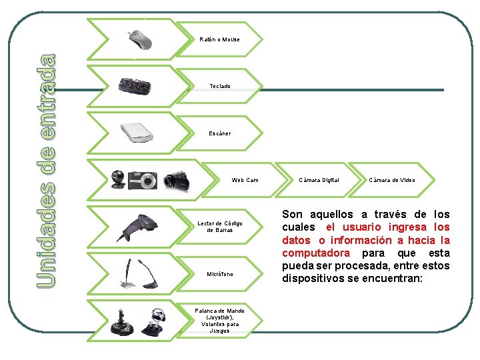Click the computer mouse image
click(x=141, y=39)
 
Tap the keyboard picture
click(x=138, y=87)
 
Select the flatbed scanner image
click(x=137, y=133)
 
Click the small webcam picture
click(x=118, y=179)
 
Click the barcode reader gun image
click(x=137, y=227)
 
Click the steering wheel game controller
click(x=157, y=321)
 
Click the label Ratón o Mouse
click(x=219, y=39)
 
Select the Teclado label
click(x=220, y=87)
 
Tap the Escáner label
click(x=220, y=133)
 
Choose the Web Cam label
click(x=245, y=180)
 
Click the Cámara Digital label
click(x=319, y=180)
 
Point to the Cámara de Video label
click(x=392, y=180)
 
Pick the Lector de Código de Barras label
click(x=220, y=227)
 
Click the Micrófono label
click(x=220, y=274)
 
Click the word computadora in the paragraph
click(x=315, y=253)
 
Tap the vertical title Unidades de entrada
click(x=45, y=171)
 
